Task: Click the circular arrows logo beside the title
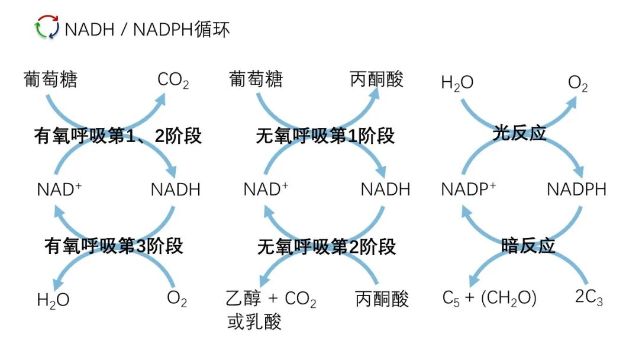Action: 47,27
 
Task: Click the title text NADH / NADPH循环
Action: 147,29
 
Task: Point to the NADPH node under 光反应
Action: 576,189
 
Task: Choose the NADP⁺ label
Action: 468,189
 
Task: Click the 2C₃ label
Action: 589,297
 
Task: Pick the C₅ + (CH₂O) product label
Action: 489,298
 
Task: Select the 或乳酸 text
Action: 254,322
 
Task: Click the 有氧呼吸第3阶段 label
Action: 114,246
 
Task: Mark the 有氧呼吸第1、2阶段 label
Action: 118,136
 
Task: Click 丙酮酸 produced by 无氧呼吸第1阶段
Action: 376,79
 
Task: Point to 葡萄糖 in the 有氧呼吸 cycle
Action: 51,79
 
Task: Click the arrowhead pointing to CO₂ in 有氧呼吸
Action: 160,99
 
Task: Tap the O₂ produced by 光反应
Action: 577,83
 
